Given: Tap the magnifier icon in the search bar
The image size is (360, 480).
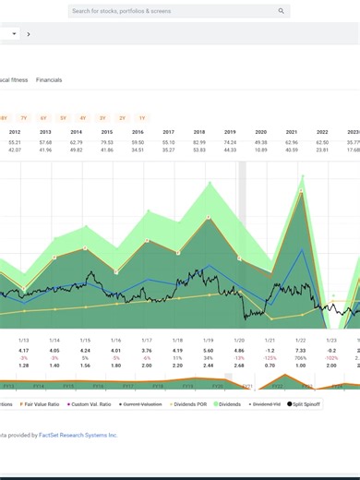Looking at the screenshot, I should [x=282, y=11].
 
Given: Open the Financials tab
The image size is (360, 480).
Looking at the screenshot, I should [x=49, y=80].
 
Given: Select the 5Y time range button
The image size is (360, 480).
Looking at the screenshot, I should [x=63, y=117].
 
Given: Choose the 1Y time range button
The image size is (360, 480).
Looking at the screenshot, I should [x=142, y=117].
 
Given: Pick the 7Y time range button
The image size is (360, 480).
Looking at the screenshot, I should [x=24, y=117].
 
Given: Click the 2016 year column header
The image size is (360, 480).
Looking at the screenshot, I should [x=138, y=132].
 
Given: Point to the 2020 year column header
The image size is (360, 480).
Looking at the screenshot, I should [x=260, y=132].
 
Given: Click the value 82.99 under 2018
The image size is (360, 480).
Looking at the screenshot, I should [x=200, y=142].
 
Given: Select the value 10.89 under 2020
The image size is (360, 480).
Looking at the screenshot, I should [x=261, y=150].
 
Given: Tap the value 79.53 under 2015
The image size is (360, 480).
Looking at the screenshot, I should [x=107, y=142].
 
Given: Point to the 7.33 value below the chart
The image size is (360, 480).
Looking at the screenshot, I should [x=300, y=350].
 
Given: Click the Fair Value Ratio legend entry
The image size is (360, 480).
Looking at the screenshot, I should [x=40, y=404].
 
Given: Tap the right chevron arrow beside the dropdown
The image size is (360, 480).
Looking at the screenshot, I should [x=29, y=34].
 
